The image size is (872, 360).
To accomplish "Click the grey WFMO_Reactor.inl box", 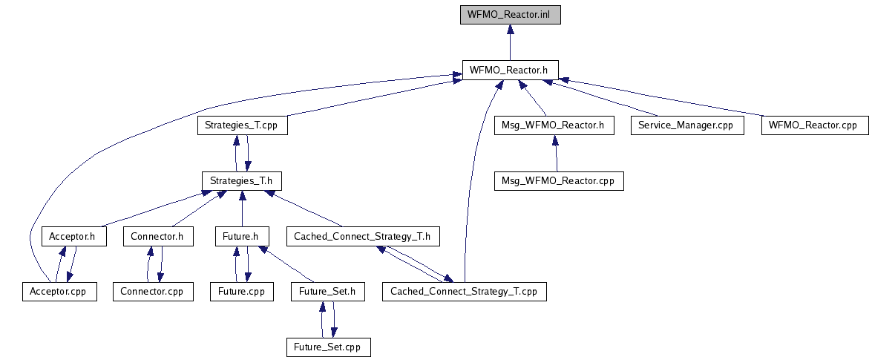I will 509,15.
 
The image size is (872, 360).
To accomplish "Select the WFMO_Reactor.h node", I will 509,70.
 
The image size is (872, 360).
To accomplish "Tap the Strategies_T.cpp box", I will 243,125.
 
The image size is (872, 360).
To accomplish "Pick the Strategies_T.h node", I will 243,181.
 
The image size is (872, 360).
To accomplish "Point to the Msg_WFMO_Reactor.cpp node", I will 559,181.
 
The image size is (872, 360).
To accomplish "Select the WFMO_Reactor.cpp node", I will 814,125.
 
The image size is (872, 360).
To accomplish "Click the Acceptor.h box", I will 73,237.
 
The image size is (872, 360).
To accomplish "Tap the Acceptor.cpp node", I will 59,292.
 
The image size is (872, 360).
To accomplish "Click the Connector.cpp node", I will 152,292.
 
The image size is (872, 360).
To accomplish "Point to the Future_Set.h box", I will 328,292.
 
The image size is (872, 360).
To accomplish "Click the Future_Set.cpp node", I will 328,347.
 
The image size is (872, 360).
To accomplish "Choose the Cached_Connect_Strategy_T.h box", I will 363,237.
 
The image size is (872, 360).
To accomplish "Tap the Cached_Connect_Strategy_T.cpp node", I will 464,292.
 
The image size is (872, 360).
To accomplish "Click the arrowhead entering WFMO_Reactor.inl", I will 509,30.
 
